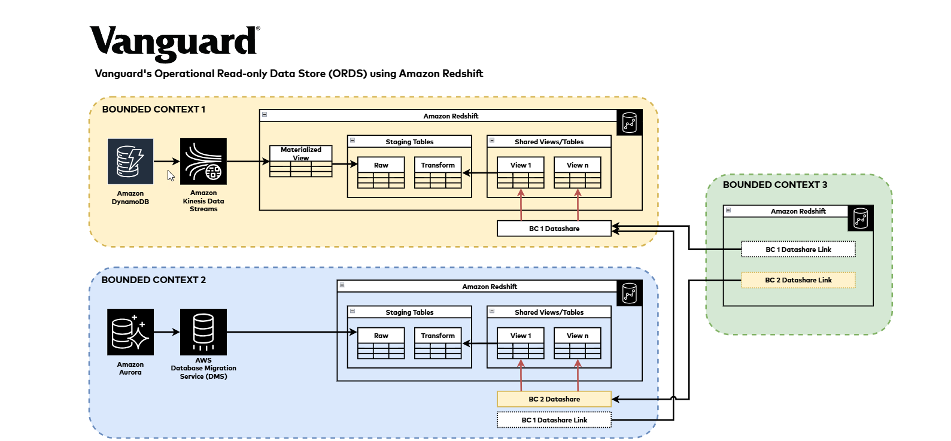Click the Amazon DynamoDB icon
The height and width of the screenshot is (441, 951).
coord(130,162)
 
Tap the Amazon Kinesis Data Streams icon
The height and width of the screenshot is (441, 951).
coord(203,162)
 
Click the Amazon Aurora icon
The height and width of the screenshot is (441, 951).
coord(130,332)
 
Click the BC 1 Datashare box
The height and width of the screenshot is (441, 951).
coord(554,229)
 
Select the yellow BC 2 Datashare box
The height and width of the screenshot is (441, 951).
coord(554,399)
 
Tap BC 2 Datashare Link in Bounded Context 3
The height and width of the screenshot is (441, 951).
coord(798,280)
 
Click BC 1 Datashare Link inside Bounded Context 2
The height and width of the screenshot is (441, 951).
coord(554,420)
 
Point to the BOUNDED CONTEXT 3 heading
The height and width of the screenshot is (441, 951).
coord(775,185)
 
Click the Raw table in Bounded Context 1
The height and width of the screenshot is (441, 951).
coord(381,173)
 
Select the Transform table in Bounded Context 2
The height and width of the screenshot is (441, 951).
coord(438,343)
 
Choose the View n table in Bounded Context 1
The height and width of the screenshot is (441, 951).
coord(578,173)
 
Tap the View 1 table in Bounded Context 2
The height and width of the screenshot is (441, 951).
coord(521,343)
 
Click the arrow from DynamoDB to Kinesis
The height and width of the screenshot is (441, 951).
coord(166,162)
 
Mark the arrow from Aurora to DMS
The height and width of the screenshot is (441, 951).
coord(166,332)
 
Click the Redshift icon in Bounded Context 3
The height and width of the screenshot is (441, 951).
coord(861,218)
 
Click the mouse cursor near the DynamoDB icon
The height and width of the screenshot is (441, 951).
coord(171,176)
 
